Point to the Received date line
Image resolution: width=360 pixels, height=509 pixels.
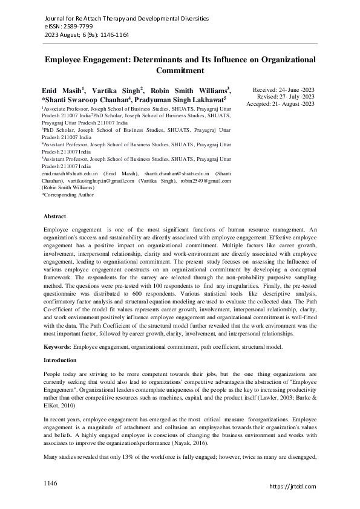(284, 89)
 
